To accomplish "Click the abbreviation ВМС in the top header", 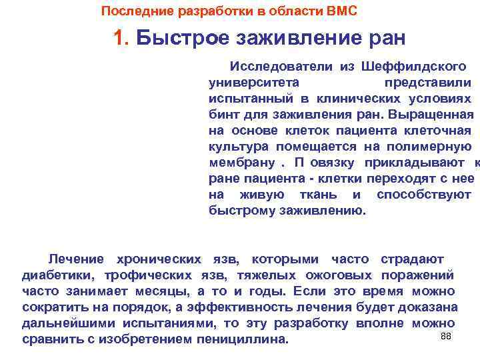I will (341, 11).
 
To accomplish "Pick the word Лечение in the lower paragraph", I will (76, 259).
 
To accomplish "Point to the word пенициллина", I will (243, 339).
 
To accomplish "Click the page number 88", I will (446, 336).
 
